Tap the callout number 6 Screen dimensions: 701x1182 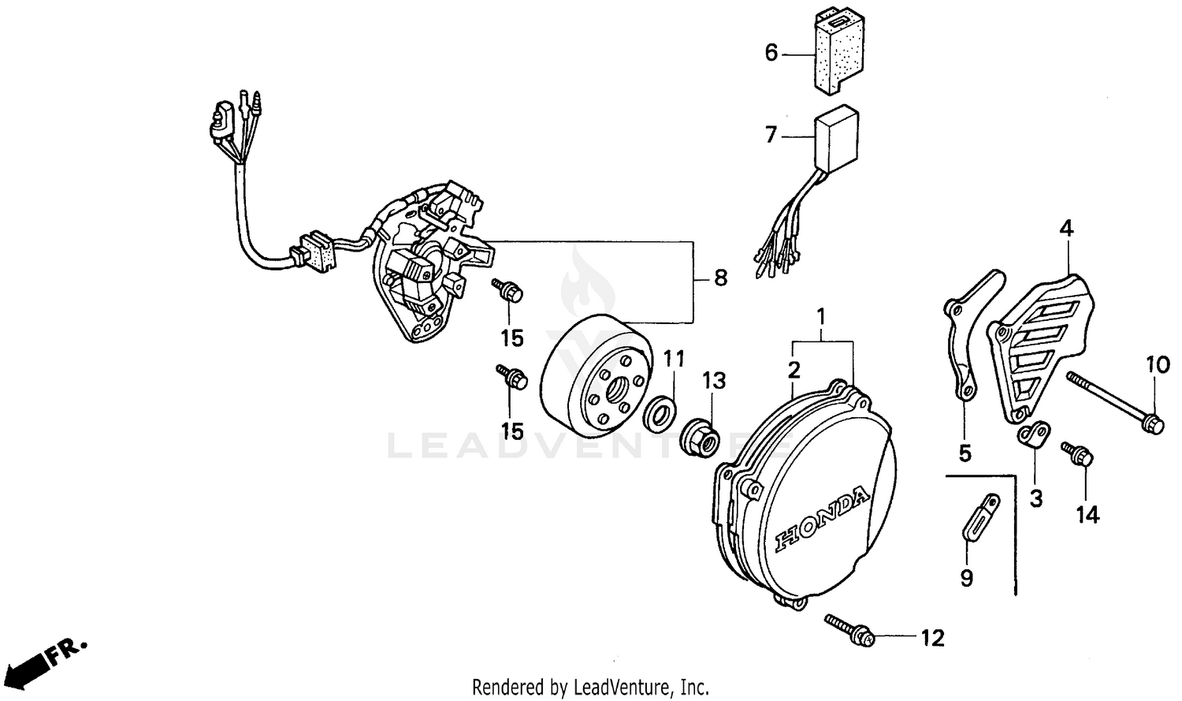pyautogui.click(x=771, y=53)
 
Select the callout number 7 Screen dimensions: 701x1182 pyautogui.click(x=771, y=135)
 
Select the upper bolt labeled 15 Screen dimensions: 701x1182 pyautogui.click(x=507, y=291)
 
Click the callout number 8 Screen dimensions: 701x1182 pyautogui.click(x=720, y=278)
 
